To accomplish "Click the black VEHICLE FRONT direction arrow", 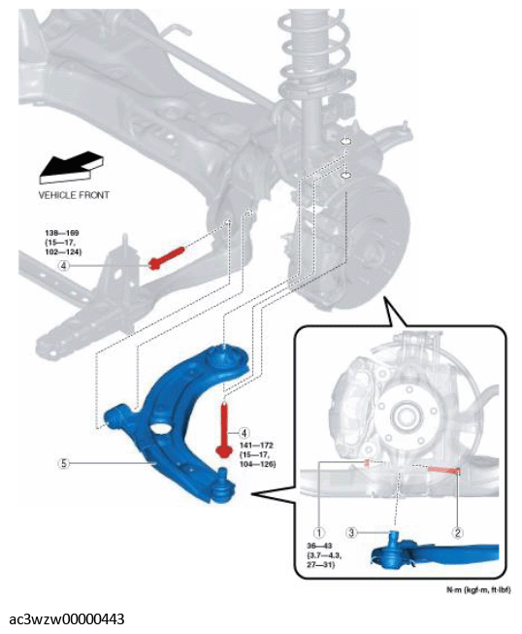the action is pos(71,166).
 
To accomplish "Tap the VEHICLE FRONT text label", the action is pos(74,195).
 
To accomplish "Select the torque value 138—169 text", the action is pos(62,233).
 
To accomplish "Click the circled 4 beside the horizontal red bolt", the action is pos(64,266).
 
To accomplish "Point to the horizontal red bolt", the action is pos(167,257).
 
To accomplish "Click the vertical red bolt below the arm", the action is pos(223,429).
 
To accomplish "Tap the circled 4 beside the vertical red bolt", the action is pos(244,433).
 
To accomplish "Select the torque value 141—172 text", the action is pos(256,446).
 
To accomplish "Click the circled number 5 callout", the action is pos(63,463).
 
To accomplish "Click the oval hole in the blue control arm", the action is pos(160,427).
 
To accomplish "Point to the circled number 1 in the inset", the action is pos(319,532).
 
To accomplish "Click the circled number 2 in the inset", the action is pos(457,532).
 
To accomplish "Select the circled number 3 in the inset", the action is pos(351,532).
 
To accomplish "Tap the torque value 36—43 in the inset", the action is pos(319,546).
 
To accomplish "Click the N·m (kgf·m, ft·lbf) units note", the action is pos(478,590).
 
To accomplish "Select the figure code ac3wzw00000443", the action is pos(67,619).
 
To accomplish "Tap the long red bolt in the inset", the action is pos(444,470).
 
